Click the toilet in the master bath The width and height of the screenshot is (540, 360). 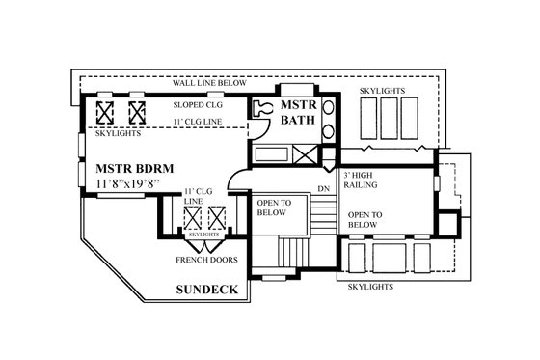[261, 110]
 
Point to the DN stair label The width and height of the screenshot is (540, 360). [323, 187]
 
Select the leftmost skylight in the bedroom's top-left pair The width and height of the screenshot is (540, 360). [107, 111]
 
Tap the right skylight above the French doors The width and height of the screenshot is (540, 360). [215, 215]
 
